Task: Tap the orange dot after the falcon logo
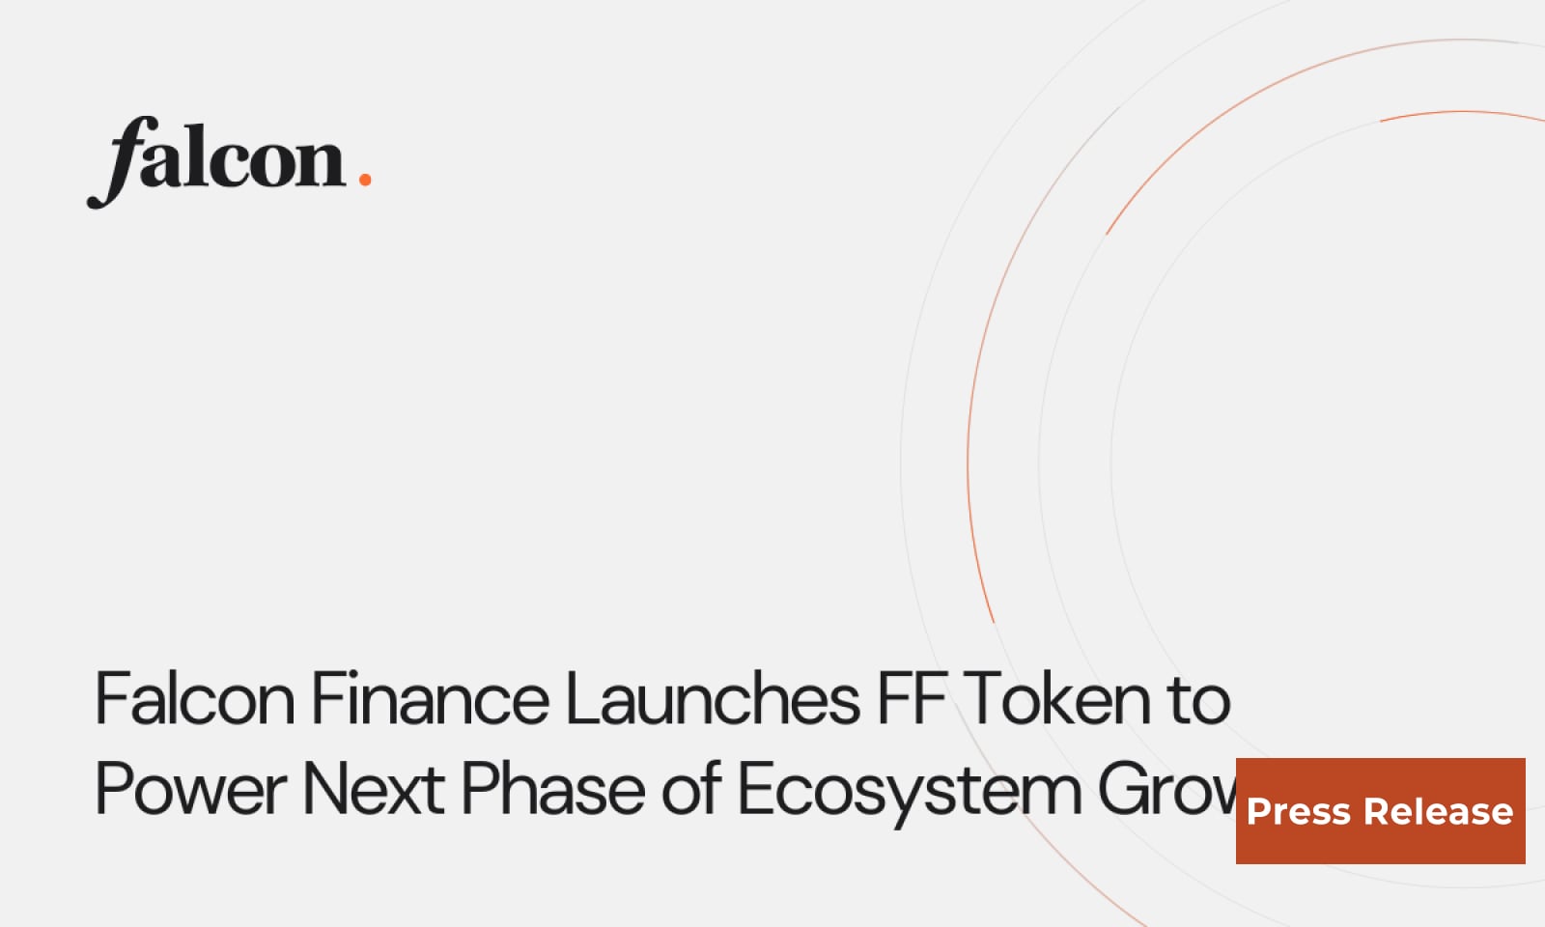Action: pos(364,179)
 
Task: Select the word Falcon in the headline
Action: pos(194,699)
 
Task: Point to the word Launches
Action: pos(712,699)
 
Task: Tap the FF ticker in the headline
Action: pos(911,699)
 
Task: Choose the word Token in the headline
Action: pos(1056,699)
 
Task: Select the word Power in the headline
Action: pos(191,790)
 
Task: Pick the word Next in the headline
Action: pos(374,790)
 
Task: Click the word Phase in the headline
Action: pos(552,790)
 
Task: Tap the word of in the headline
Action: pos(691,790)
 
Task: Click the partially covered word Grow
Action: pos(1166,790)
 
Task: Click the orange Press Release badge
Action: pos(1380,811)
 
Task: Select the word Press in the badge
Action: pos(1298,812)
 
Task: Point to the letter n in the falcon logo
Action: pos(321,162)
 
